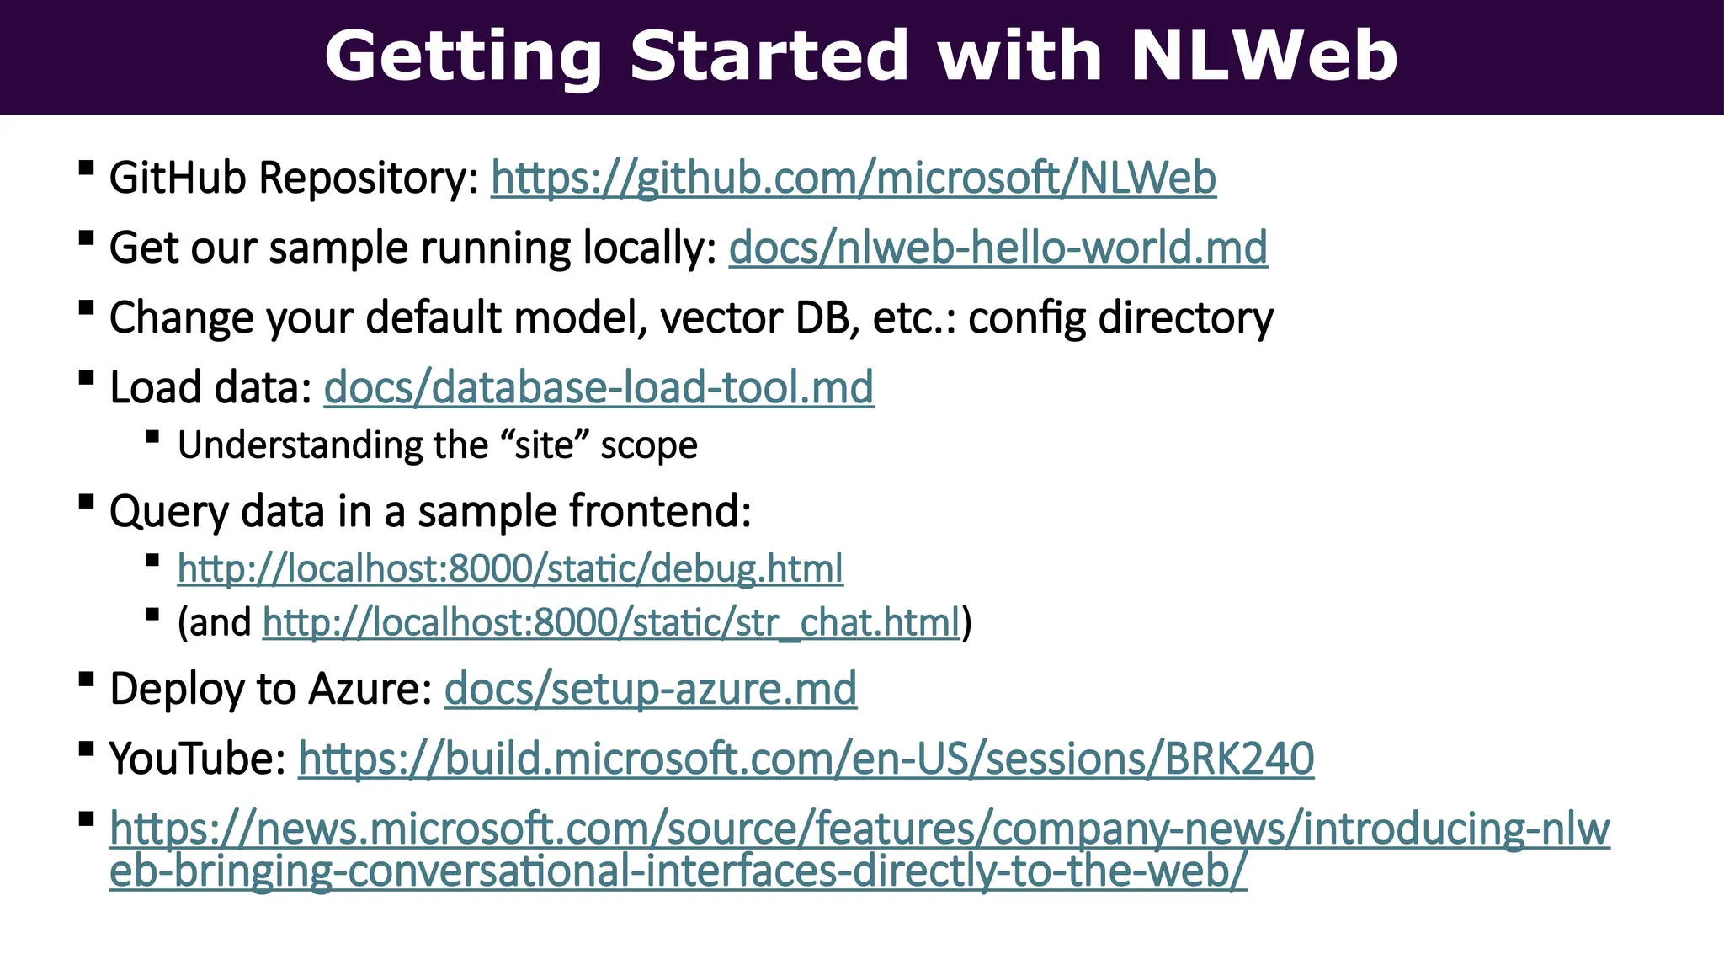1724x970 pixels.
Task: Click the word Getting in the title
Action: pos(463,56)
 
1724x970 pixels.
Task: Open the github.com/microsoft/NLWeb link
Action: pos(853,179)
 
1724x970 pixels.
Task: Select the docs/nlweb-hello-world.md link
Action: pos(998,248)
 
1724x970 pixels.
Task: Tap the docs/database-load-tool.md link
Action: pos(599,388)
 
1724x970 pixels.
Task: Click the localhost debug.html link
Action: pos(510,569)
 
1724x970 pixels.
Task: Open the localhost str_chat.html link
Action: pos(611,623)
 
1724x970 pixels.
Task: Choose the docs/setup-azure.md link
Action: pos(650,690)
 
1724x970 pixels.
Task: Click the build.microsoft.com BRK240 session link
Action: pos(806,759)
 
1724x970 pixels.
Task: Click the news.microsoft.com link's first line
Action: pos(859,829)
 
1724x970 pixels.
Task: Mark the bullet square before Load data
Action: pos(86,377)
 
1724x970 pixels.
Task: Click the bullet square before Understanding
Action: pos(152,437)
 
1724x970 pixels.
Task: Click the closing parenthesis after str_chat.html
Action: pos(967,623)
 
